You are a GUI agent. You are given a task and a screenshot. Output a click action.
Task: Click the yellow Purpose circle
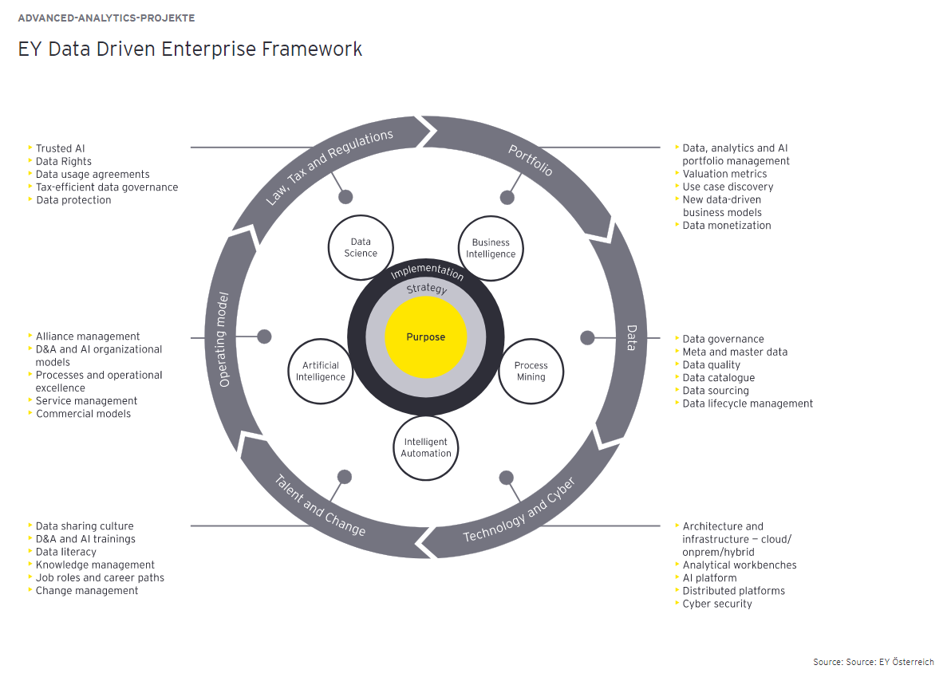pos(426,337)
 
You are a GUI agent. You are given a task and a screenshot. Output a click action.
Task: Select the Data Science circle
pos(361,248)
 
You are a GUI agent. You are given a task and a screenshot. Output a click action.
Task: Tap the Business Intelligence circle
pos(491,248)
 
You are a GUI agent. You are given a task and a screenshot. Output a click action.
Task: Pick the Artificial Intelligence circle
pos(321,372)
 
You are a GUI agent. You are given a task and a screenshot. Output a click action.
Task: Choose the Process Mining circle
pos(531,372)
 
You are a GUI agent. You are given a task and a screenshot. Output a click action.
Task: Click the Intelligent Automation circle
pos(426,447)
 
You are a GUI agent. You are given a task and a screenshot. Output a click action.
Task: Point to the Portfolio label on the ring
pos(531,160)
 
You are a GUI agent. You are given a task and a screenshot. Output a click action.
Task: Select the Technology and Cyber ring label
pos(519,510)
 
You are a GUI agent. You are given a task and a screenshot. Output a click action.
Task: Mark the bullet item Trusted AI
pos(60,148)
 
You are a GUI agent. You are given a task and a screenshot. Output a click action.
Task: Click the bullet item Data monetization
pos(726,226)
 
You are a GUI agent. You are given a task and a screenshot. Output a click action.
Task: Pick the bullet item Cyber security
pos(716,604)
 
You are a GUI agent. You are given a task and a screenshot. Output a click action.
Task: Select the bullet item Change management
pos(87,591)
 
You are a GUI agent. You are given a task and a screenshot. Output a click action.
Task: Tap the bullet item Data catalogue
pos(718,378)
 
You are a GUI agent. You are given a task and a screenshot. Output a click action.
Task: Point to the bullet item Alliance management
pos(88,337)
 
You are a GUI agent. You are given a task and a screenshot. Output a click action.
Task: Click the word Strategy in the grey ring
pos(427,289)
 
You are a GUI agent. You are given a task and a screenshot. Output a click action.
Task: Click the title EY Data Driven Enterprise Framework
pos(190,49)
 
